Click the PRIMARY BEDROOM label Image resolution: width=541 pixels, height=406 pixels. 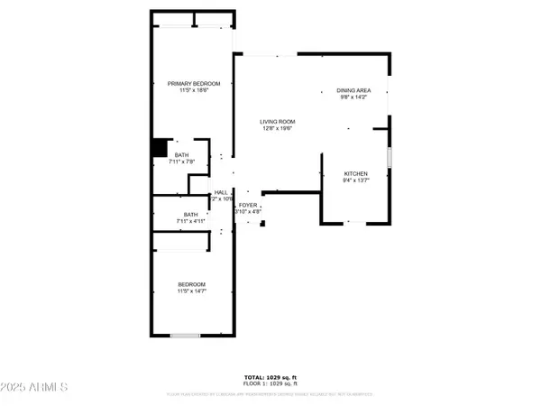click(194, 84)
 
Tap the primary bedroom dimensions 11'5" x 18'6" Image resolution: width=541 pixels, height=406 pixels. click(194, 90)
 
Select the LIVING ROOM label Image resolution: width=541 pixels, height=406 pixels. click(278, 122)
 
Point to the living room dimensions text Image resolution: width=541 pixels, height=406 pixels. click(278, 128)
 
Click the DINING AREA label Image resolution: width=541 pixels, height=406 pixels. click(353, 90)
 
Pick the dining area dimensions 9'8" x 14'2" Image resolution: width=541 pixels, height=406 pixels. click(353, 97)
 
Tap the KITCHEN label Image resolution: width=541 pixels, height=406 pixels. click(355, 173)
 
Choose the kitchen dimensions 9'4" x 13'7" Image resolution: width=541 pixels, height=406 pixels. click(355, 180)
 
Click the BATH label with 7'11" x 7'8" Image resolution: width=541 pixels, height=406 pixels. click(182, 156)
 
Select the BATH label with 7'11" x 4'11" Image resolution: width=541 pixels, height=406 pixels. click(190, 215)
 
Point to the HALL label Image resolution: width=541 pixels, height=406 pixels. click(221, 192)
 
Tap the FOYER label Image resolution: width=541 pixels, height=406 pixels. click(247, 207)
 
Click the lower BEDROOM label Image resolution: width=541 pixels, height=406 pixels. click(191, 285)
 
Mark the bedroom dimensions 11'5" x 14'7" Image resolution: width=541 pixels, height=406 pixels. click(191, 291)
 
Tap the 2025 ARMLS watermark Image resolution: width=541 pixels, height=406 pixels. click(36, 388)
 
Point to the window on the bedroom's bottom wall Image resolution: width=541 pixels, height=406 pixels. click(184, 336)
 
